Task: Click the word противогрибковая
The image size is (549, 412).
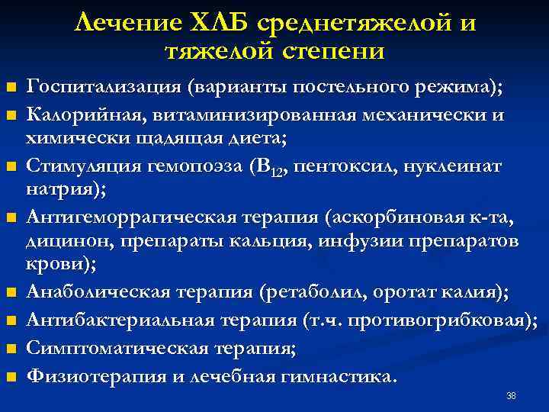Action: [x=451, y=320]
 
